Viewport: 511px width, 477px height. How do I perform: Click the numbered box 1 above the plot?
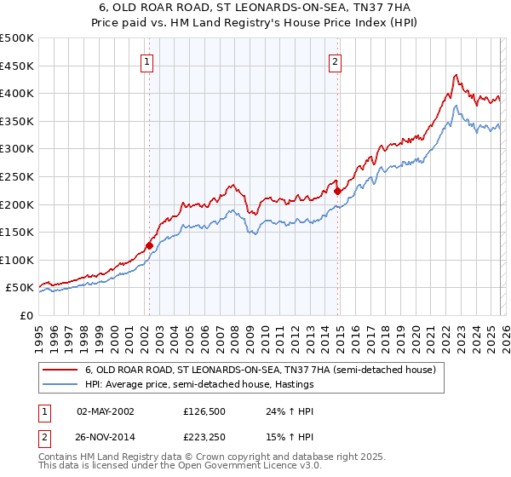[147, 61]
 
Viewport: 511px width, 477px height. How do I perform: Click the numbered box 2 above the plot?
[336, 61]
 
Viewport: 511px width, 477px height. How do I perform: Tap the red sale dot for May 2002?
[149, 245]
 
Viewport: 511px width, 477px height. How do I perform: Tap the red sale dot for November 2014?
[338, 192]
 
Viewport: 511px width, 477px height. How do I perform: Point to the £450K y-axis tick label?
[17, 66]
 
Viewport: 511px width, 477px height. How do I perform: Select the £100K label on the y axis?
[17, 260]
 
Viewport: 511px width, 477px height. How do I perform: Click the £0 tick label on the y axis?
[26, 315]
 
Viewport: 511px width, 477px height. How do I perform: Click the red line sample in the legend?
[60, 371]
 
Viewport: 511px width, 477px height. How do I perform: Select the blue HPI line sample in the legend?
[60, 385]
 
